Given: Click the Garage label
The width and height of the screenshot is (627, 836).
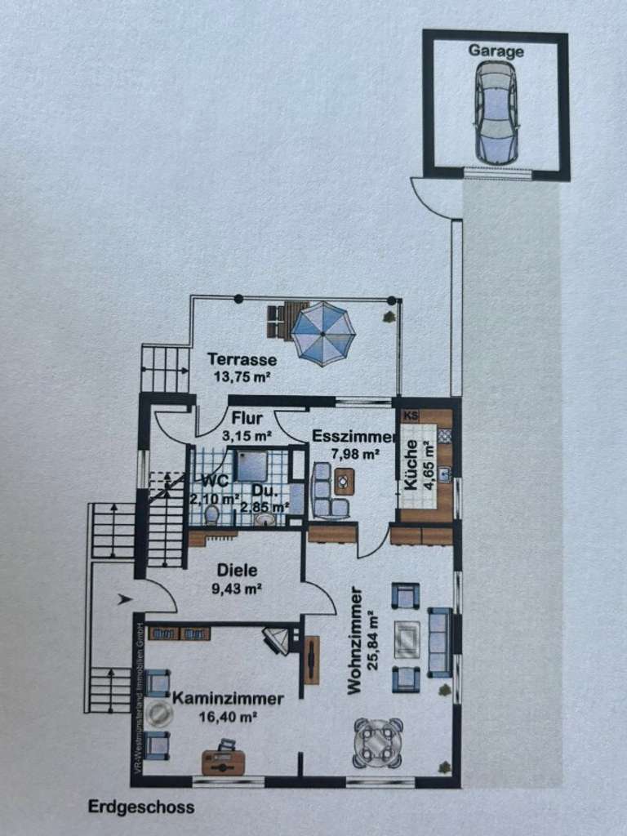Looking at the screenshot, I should click(x=496, y=51).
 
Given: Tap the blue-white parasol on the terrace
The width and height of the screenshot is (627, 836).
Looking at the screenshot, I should click(x=323, y=333).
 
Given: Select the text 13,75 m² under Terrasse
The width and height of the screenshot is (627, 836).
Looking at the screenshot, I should click(x=242, y=377).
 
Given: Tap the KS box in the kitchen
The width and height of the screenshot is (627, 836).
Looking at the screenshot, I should click(x=410, y=416).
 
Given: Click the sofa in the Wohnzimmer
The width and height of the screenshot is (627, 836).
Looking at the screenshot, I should click(x=440, y=642).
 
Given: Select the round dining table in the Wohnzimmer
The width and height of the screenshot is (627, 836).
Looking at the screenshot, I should click(x=378, y=742).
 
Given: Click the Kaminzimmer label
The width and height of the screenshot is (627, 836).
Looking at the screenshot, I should click(x=228, y=699).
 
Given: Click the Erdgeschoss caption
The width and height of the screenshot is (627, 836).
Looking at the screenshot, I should click(x=141, y=808).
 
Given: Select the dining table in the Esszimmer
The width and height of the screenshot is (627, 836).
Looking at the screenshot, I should click(x=345, y=481).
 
